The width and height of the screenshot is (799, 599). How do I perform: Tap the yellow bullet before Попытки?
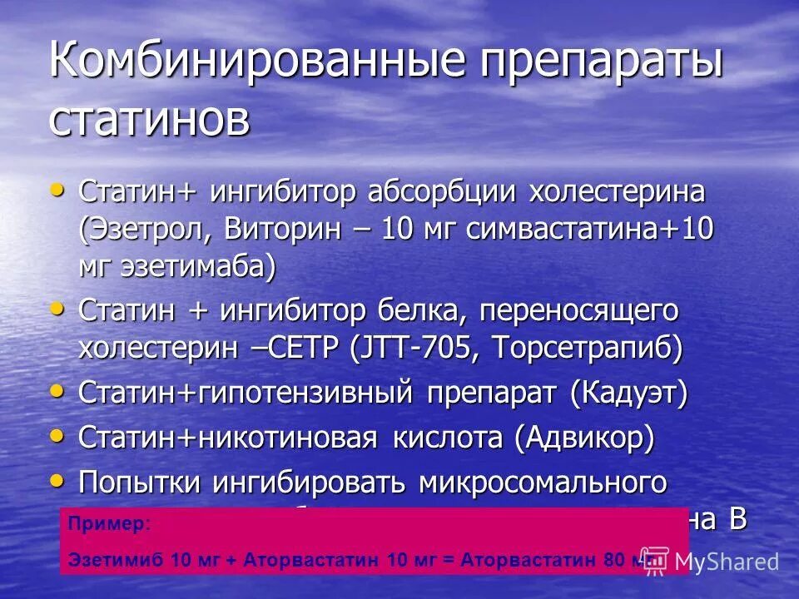coord(57,480)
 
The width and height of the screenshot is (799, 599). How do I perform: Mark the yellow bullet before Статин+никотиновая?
coord(57,435)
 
